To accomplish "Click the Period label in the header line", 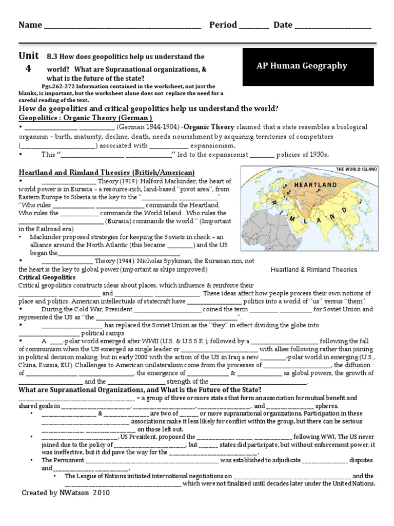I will [223, 25].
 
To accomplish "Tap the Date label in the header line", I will [283, 25].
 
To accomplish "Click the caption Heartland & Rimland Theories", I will [313, 270].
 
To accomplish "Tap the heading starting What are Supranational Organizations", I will [140, 389].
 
